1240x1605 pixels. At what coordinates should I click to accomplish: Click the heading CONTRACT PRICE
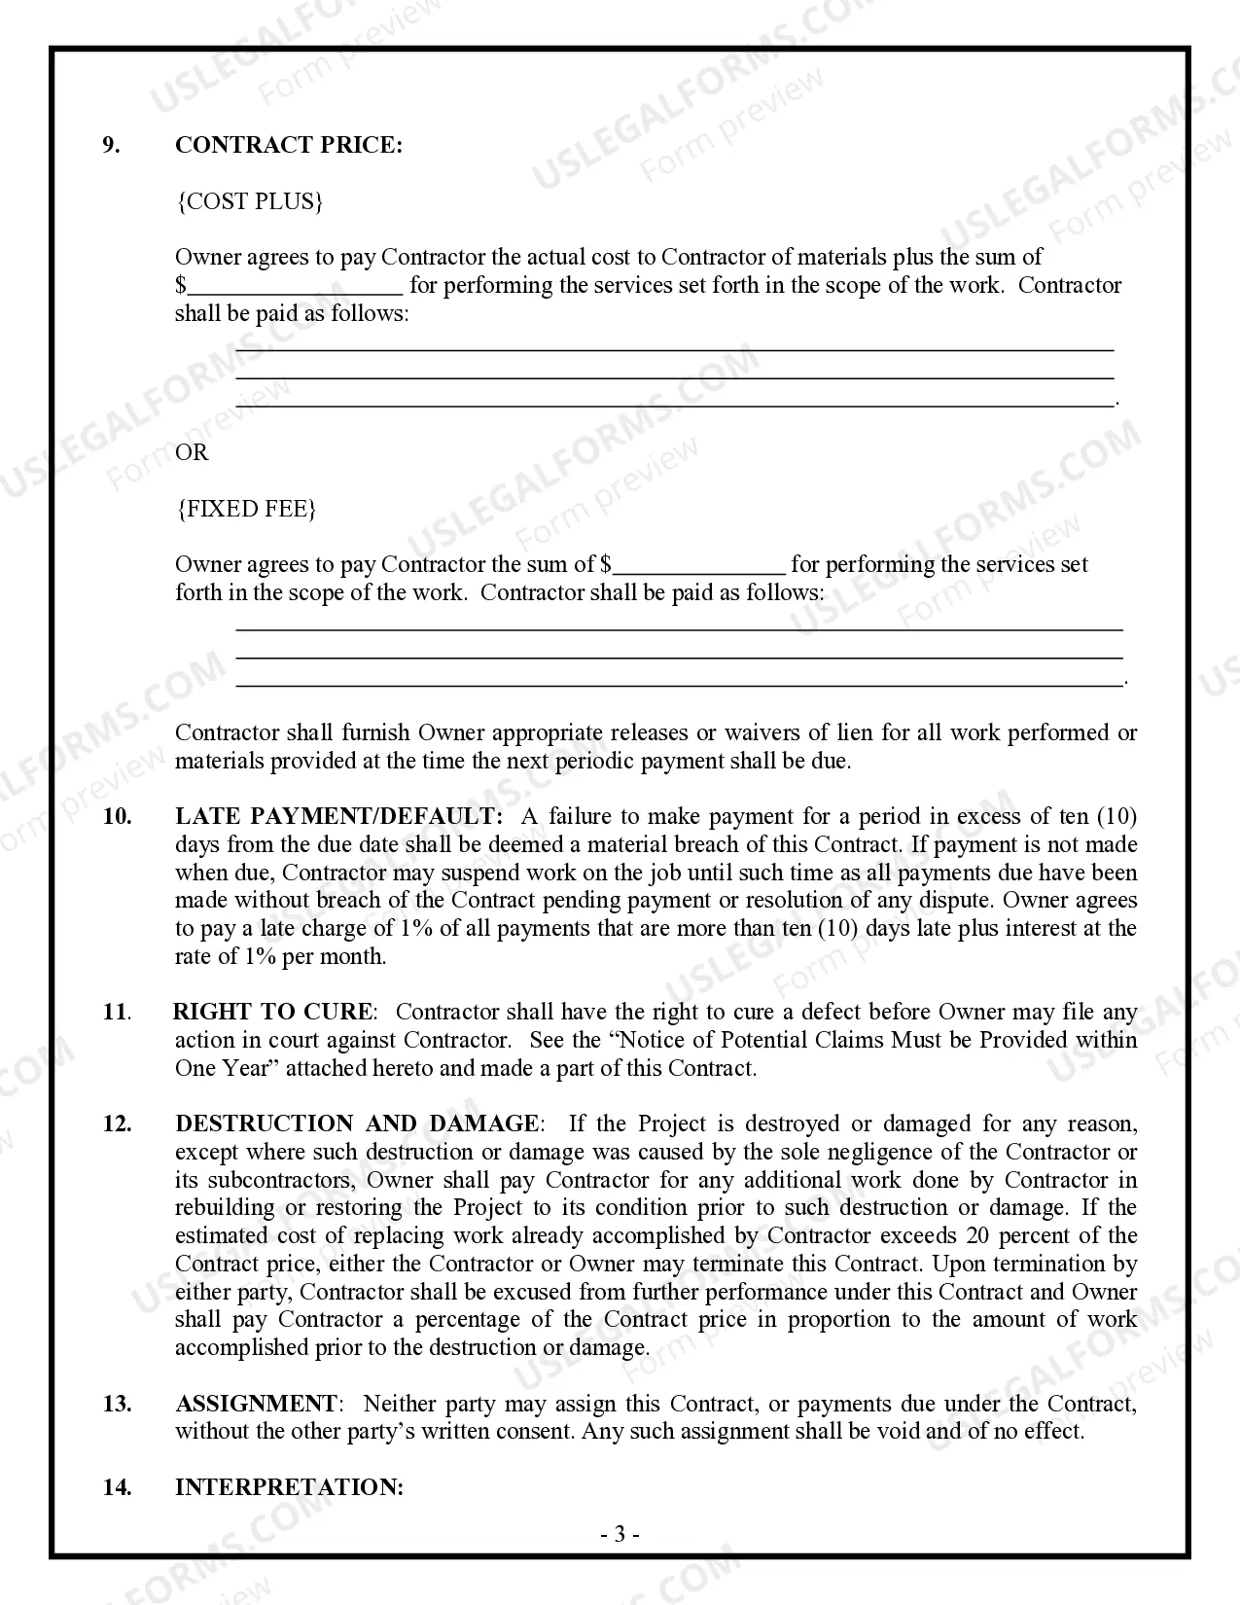point(288,145)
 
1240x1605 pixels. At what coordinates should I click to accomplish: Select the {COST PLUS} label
point(249,201)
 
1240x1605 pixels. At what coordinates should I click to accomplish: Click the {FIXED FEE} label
point(246,509)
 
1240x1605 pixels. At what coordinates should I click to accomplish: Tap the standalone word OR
point(192,452)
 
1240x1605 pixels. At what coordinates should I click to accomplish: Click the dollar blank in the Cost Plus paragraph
point(295,286)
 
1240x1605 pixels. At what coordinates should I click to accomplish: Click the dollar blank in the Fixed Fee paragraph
point(699,565)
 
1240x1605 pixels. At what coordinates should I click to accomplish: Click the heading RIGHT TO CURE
point(272,1012)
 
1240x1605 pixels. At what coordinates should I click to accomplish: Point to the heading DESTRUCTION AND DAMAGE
point(357,1123)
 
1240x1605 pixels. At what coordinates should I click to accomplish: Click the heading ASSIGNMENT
point(256,1404)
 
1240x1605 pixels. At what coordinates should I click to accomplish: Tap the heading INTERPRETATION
point(289,1487)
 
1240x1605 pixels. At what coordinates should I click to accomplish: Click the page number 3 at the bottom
point(620,1535)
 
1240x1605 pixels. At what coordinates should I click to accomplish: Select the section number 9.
point(112,145)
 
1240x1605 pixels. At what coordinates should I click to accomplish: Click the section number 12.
point(117,1123)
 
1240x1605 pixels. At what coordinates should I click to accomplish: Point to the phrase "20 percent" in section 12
point(1033,1235)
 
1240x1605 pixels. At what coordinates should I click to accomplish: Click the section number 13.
point(117,1404)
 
